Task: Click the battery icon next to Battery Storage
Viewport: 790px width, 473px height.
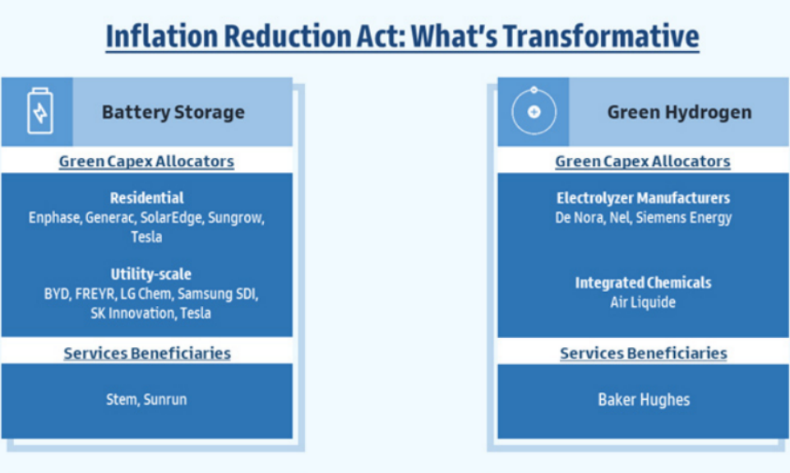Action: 39,111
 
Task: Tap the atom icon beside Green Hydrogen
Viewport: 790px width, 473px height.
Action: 534,111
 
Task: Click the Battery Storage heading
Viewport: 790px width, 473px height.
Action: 173,112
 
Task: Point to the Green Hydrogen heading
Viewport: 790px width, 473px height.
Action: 679,112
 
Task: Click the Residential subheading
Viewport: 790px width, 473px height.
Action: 146,197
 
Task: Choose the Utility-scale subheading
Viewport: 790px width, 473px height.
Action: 150,274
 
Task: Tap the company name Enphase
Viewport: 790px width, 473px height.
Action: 54,218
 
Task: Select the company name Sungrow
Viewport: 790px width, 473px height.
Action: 236,218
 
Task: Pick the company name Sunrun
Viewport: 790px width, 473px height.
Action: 165,400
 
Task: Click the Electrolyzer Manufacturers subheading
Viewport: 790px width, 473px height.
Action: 643,197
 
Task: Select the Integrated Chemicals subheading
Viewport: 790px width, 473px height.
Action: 643,282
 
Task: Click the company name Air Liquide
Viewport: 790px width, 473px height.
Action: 643,302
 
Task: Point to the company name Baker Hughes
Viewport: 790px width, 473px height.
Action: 644,400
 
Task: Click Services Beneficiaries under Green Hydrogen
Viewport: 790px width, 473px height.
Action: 644,353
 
